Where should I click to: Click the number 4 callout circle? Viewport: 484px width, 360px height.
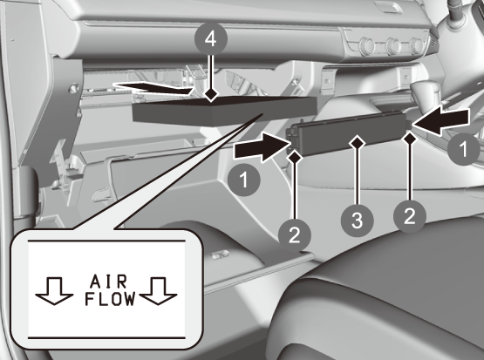tap(211, 38)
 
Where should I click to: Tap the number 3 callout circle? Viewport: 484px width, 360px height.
tap(358, 221)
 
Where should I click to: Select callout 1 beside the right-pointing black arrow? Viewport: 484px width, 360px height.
tap(244, 180)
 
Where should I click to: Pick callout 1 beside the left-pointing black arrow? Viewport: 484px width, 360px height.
tap(464, 149)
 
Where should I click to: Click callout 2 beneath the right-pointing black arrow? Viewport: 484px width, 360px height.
tap(295, 235)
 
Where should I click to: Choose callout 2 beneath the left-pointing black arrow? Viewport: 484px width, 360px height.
tap(410, 216)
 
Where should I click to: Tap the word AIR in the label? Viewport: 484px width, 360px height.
tap(108, 282)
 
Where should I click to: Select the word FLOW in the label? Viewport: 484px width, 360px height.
tap(110, 299)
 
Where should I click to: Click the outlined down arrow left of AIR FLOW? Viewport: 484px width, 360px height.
tap(54, 291)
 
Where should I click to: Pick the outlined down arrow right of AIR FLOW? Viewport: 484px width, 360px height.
tap(158, 291)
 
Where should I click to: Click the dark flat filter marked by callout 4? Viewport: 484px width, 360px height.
tap(225, 111)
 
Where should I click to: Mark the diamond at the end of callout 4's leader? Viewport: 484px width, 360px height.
tap(211, 94)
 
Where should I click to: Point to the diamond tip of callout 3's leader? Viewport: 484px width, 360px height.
tap(358, 143)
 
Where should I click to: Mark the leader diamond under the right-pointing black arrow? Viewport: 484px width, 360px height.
tap(295, 157)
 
